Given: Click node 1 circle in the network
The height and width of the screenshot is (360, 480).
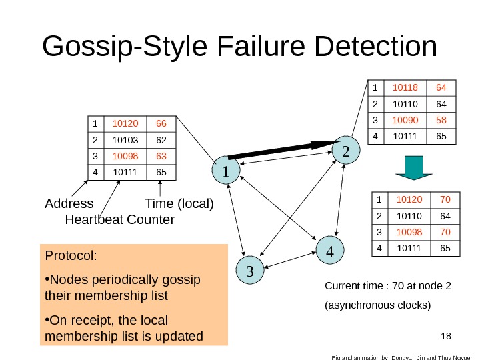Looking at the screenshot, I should coord(227,171).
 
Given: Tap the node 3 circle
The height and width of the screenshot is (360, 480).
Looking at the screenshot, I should coord(250,271).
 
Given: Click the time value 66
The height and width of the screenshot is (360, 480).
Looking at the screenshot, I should coord(161,124).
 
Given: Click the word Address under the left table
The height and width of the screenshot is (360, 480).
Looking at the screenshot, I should coord(69,203).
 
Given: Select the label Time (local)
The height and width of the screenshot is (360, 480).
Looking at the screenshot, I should coord(179,203).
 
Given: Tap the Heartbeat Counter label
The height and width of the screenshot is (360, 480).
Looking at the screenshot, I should coord(120,219).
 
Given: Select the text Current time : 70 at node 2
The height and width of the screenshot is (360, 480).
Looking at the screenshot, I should coord(387,287).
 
